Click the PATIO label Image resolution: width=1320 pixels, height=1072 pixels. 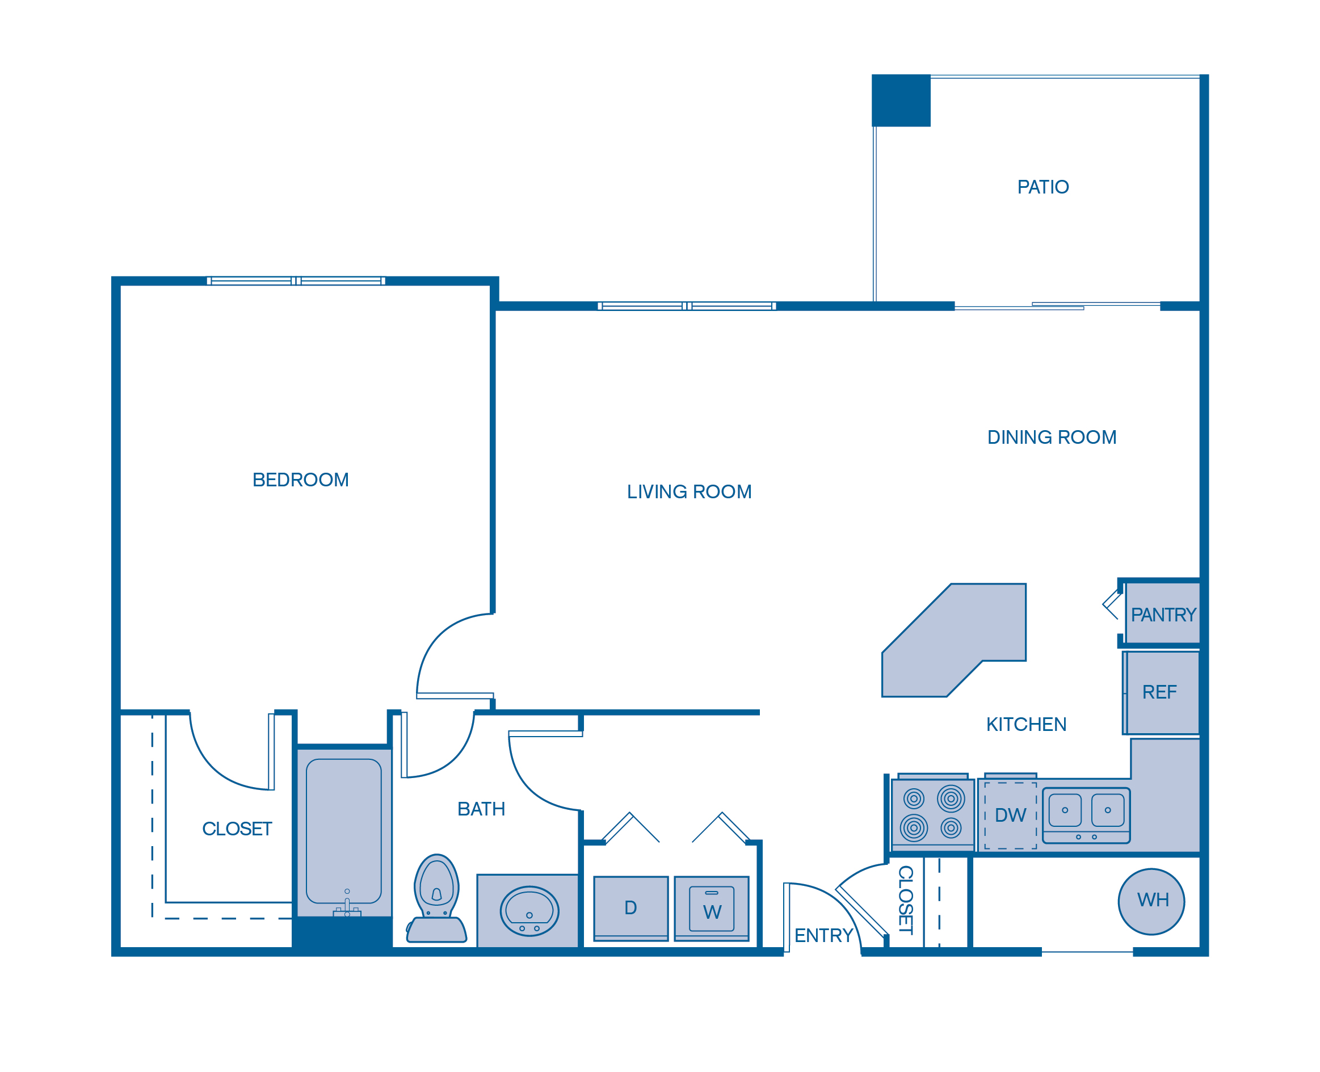(x=1043, y=187)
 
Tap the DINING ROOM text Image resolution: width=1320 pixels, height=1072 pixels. (x=1052, y=437)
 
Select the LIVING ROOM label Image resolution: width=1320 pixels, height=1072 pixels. (x=689, y=491)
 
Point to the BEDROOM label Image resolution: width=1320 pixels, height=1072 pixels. (x=301, y=480)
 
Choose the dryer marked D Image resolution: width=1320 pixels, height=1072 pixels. (x=630, y=908)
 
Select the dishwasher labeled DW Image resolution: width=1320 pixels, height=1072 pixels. (x=1010, y=815)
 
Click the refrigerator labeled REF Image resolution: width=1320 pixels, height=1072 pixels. (x=1160, y=692)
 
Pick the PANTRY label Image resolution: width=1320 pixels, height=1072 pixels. (x=1163, y=615)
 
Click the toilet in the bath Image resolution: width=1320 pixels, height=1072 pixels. (x=436, y=898)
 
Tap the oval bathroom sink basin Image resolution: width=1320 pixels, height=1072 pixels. (x=529, y=911)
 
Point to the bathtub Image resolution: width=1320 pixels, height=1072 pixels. (x=344, y=831)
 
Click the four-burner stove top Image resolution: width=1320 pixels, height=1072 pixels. (x=932, y=814)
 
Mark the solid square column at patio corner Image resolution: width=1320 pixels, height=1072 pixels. (x=901, y=100)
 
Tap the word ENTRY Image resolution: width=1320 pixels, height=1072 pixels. (x=823, y=936)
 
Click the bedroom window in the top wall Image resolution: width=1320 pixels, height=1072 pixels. (x=296, y=281)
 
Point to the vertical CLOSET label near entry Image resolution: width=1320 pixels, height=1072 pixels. (x=905, y=899)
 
